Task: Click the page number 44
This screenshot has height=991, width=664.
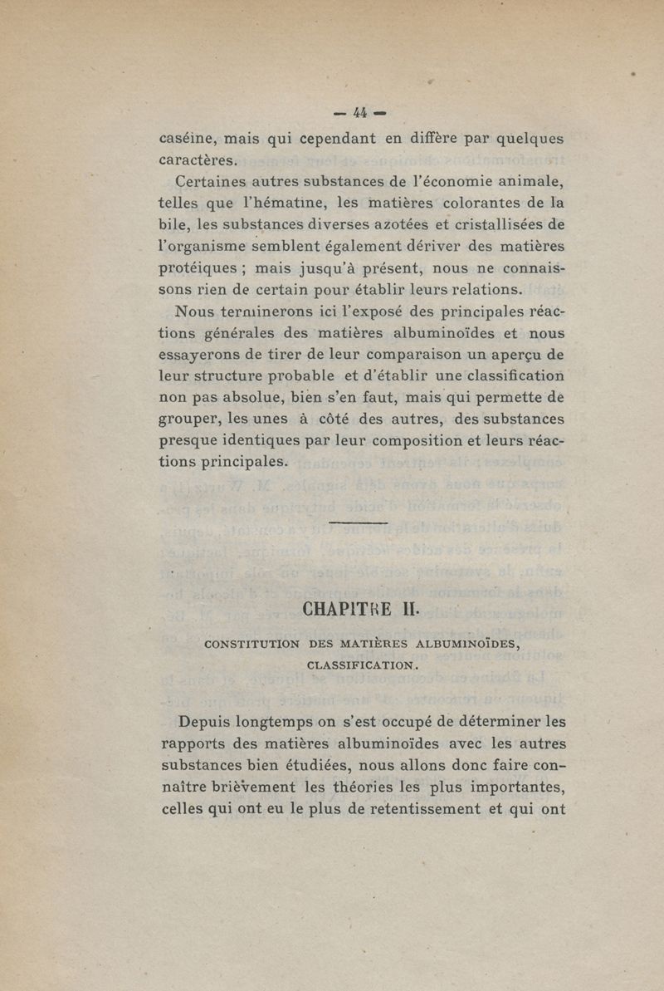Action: (360, 112)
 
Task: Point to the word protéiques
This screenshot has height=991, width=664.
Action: (199, 268)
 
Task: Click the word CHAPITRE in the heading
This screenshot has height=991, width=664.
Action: (340, 609)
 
